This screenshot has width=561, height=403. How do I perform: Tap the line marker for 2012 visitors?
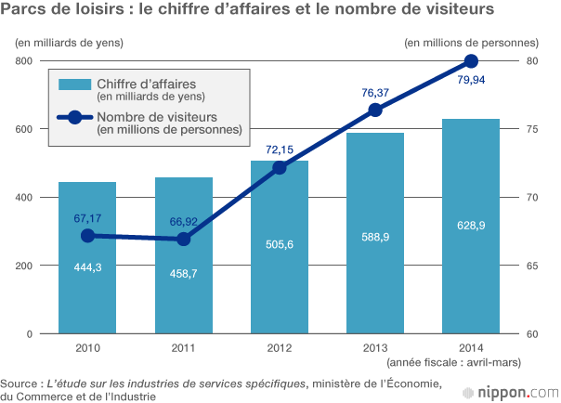279,167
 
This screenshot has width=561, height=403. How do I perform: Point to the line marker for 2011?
183,239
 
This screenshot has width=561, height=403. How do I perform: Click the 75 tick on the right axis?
532,129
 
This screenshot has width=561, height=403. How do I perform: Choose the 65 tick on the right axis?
532,266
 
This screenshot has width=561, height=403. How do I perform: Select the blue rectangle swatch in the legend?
74,85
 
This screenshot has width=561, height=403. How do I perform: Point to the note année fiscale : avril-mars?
453,361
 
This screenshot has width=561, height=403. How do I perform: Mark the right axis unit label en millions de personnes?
472,43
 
